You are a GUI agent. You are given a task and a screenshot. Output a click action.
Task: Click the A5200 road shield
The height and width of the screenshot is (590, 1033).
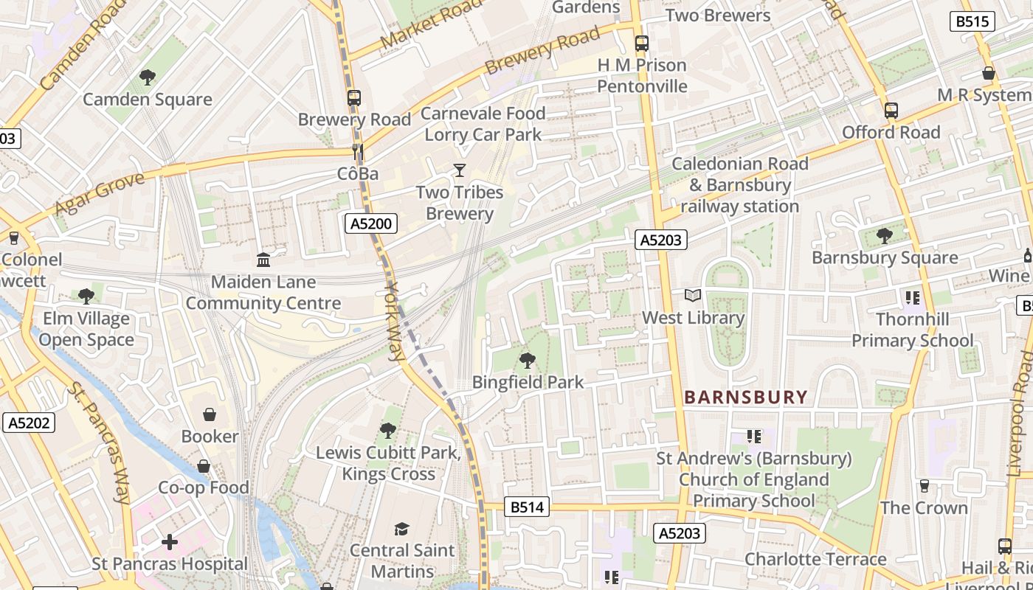(x=373, y=223)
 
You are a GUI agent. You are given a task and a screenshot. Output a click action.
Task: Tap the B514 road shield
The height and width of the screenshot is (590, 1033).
(x=527, y=507)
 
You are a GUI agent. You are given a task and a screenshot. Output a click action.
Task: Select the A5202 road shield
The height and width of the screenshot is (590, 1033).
(x=29, y=423)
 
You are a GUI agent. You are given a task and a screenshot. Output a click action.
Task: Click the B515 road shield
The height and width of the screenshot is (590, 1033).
(x=972, y=21)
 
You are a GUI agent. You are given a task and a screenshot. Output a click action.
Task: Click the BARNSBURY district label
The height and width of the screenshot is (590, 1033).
(x=746, y=398)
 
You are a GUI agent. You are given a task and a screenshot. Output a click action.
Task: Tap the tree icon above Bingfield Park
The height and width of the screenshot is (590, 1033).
(x=527, y=361)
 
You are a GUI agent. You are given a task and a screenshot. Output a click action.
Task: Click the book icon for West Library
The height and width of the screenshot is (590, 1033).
(x=692, y=296)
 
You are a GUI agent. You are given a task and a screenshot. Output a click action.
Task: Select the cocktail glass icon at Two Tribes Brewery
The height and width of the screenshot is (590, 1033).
(x=460, y=170)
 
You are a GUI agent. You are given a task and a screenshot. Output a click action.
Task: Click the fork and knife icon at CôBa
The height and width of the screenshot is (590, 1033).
(x=358, y=153)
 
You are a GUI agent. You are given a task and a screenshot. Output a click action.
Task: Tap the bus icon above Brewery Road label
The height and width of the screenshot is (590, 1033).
(x=354, y=97)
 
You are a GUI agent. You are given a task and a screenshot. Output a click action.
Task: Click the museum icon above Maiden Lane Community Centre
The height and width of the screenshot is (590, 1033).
(x=263, y=260)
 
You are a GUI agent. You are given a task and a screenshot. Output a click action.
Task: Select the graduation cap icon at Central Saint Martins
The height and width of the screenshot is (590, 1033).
(x=401, y=529)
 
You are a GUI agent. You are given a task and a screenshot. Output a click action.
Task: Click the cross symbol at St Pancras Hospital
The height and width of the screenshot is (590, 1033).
(x=170, y=542)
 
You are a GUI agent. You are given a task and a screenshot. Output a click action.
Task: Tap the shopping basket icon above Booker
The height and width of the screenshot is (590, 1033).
(x=210, y=414)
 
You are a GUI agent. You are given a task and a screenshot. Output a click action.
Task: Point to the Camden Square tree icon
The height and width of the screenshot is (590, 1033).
(x=148, y=77)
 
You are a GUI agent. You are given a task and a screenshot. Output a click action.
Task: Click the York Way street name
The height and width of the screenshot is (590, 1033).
(x=394, y=321)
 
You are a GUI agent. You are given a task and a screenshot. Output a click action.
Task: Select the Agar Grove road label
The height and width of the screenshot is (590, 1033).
(x=100, y=194)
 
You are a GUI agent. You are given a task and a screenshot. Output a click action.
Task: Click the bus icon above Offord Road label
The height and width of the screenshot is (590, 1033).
(x=891, y=111)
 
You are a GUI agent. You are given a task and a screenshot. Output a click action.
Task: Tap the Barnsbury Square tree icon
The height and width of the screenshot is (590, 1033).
(x=884, y=236)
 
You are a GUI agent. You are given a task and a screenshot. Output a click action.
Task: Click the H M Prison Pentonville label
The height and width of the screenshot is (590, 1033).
(x=642, y=75)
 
